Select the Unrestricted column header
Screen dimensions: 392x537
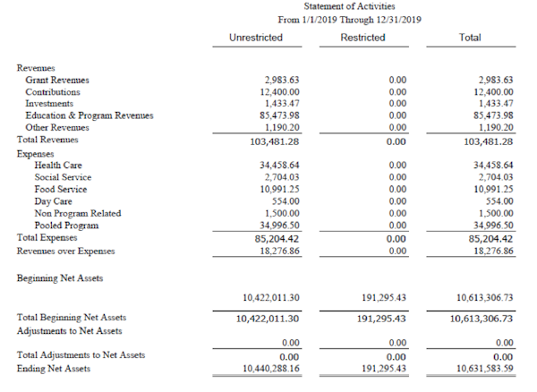click(x=256, y=38)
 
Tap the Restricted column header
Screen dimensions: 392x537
click(x=362, y=38)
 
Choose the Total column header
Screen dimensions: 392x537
click(x=469, y=38)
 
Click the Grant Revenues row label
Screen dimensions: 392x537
click(x=57, y=80)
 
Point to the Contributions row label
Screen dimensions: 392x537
click(x=53, y=91)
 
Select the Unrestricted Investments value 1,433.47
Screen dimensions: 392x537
click(x=281, y=104)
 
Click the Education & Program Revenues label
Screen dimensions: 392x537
click(x=89, y=115)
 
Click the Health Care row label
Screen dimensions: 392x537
click(x=59, y=166)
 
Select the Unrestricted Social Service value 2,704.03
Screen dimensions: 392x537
click(x=281, y=177)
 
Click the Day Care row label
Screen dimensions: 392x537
click(x=53, y=201)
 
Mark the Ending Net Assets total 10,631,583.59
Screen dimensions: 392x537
click(x=484, y=368)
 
